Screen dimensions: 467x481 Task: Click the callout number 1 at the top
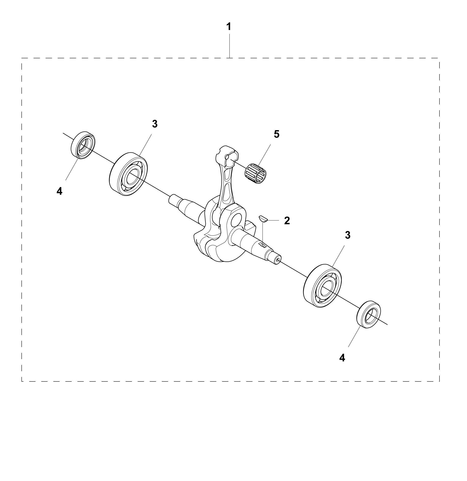pos(229,27)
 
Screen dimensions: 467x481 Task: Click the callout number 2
pos(287,221)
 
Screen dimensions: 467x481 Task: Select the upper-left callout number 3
pos(155,124)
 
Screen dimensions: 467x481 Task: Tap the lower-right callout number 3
pos(348,235)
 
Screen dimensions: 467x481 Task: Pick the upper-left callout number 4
pos(59,191)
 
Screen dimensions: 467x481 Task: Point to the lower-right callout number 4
pos(342,358)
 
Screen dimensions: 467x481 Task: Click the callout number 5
pos(277,134)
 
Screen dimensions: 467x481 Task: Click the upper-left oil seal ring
pos(83,145)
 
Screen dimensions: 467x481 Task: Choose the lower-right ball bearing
pos(323,286)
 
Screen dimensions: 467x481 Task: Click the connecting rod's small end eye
pos(227,156)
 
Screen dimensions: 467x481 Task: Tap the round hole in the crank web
pos(237,220)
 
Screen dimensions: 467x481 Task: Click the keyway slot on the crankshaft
pos(263,245)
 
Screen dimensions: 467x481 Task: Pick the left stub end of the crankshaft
pos(174,199)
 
